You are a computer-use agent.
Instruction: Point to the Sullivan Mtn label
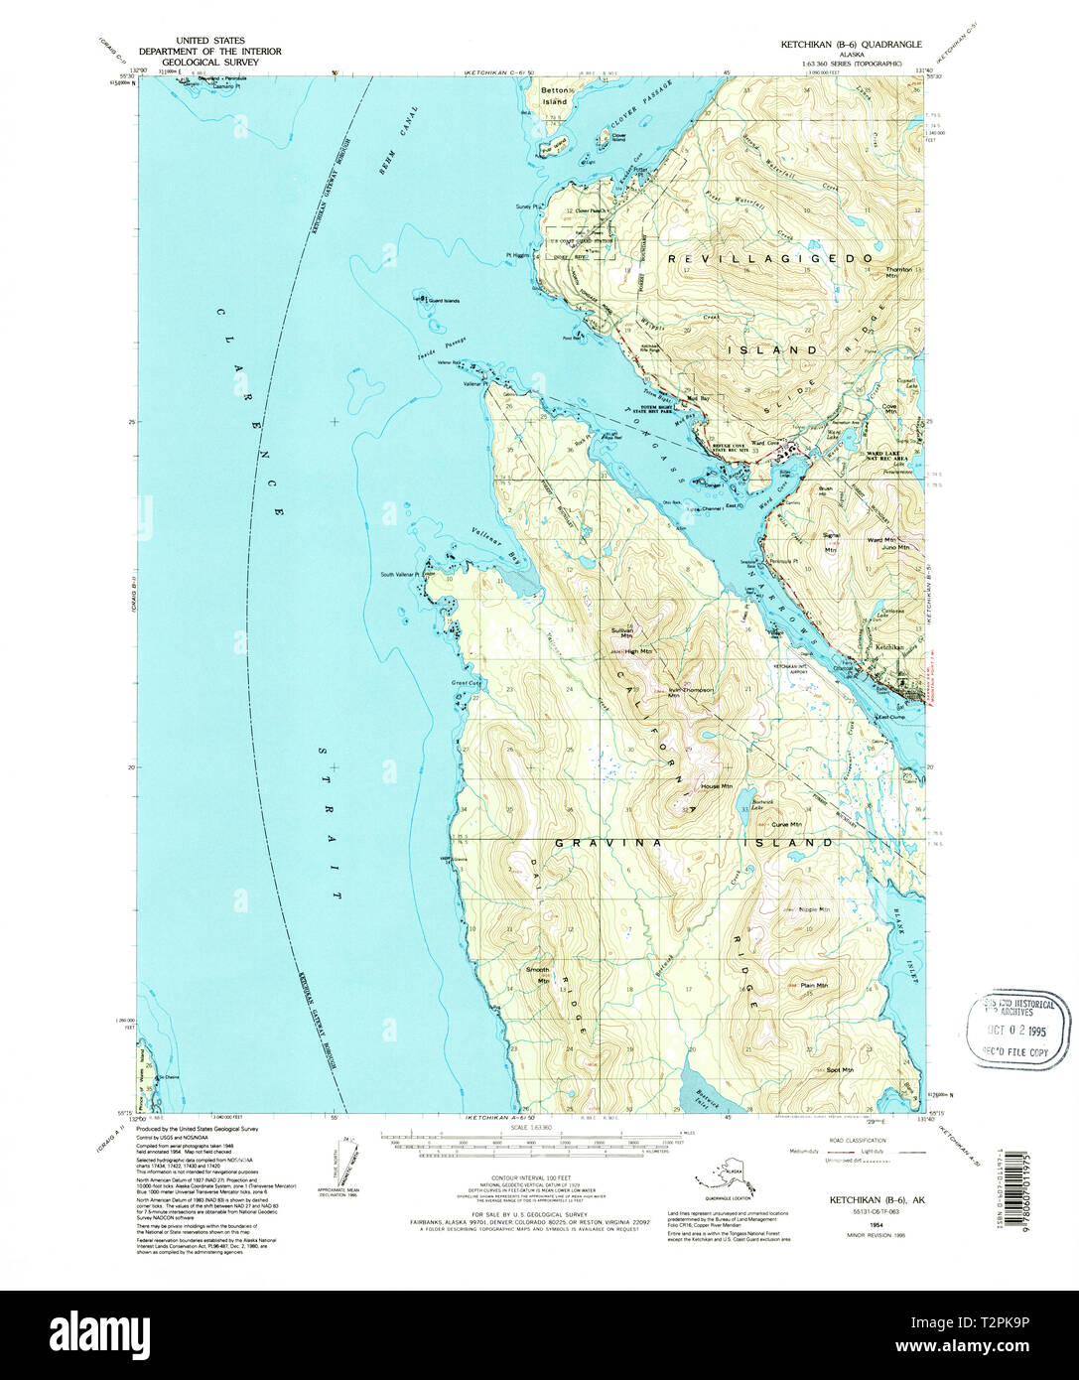pos(621,634)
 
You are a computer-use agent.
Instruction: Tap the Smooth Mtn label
pos(537,974)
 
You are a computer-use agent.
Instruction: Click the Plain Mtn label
pos(814,985)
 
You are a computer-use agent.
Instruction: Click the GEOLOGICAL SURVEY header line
pos(209,62)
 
